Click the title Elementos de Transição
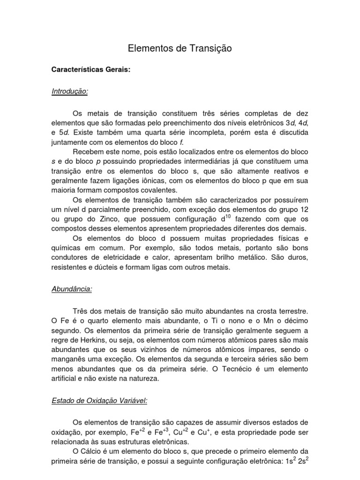[180, 48]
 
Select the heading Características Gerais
[90, 70]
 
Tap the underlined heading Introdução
[69, 91]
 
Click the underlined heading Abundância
[71, 289]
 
